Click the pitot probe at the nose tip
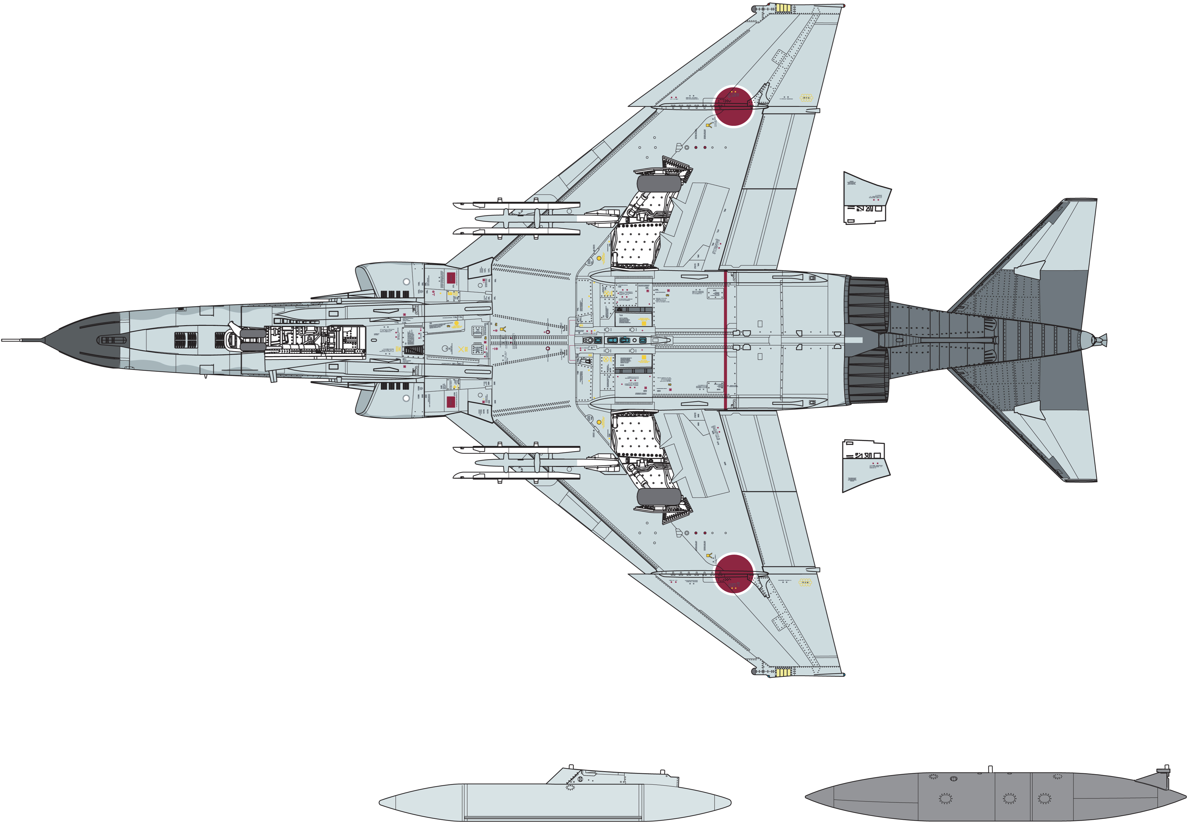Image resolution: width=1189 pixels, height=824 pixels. [x=21, y=340]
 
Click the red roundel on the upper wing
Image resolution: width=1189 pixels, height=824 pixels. [x=734, y=106]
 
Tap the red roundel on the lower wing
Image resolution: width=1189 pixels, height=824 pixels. [x=734, y=574]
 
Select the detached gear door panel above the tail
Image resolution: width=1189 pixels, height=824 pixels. [x=865, y=199]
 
